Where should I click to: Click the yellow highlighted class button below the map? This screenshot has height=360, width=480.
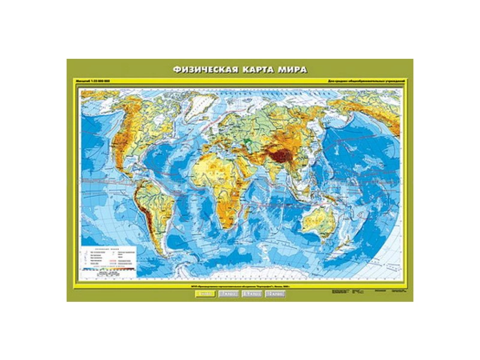pyautogui.click(x=205, y=294)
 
